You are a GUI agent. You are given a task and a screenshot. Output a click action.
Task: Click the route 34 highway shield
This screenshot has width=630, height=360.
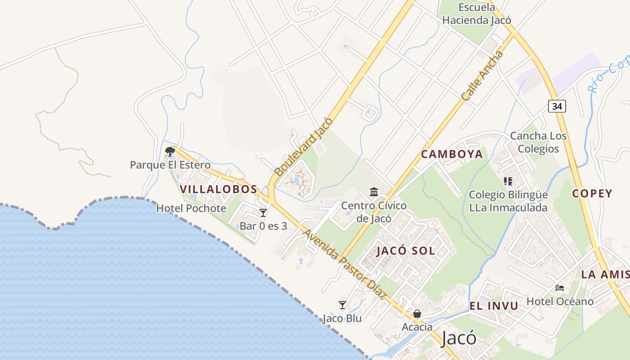click(x=557, y=106)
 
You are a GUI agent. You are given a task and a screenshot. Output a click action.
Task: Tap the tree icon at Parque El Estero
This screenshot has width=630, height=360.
click(x=170, y=151)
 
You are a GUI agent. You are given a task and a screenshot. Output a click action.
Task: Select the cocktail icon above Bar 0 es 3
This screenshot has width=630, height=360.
click(x=263, y=212)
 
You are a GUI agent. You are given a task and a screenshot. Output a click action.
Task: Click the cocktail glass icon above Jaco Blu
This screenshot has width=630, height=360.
click(x=342, y=305)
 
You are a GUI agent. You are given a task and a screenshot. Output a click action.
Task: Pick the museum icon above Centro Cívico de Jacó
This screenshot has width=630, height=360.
click(x=374, y=192)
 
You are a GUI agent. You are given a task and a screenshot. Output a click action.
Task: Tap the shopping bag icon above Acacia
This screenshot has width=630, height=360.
click(x=417, y=314)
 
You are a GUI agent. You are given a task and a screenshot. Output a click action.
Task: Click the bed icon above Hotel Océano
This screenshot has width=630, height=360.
click(x=560, y=288)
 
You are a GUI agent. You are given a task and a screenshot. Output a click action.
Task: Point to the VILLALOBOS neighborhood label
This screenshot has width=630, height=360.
click(x=219, y=189)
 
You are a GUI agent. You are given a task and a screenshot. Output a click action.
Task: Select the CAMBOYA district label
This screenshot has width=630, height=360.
click(x=452, y=154)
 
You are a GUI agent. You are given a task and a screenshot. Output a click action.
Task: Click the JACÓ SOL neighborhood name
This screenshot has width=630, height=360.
click(x=406, y=251)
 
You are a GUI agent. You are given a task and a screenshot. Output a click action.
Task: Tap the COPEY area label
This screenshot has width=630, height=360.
click(x=592, y=193)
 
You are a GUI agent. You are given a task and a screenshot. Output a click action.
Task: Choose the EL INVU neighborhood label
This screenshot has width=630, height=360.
click(x=494, y=306)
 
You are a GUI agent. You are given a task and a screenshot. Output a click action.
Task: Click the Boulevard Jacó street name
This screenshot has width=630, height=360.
click(x=304, y=147)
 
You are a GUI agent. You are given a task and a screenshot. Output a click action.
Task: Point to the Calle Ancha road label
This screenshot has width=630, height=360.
click(x=482, y=76)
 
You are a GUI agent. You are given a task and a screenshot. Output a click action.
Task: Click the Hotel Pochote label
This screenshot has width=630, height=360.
click(x=191, y=208)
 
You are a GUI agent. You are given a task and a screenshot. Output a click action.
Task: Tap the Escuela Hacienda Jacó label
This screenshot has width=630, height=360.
click(x=477, y=14)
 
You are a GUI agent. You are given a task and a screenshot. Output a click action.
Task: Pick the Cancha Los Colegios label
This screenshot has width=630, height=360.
click(x=538, y=142)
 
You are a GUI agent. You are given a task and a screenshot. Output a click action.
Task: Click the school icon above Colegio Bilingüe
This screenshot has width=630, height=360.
click(x=508, y=181)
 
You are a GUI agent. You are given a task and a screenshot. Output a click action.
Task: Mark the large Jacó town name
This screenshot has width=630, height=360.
click(x=459, y=338)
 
